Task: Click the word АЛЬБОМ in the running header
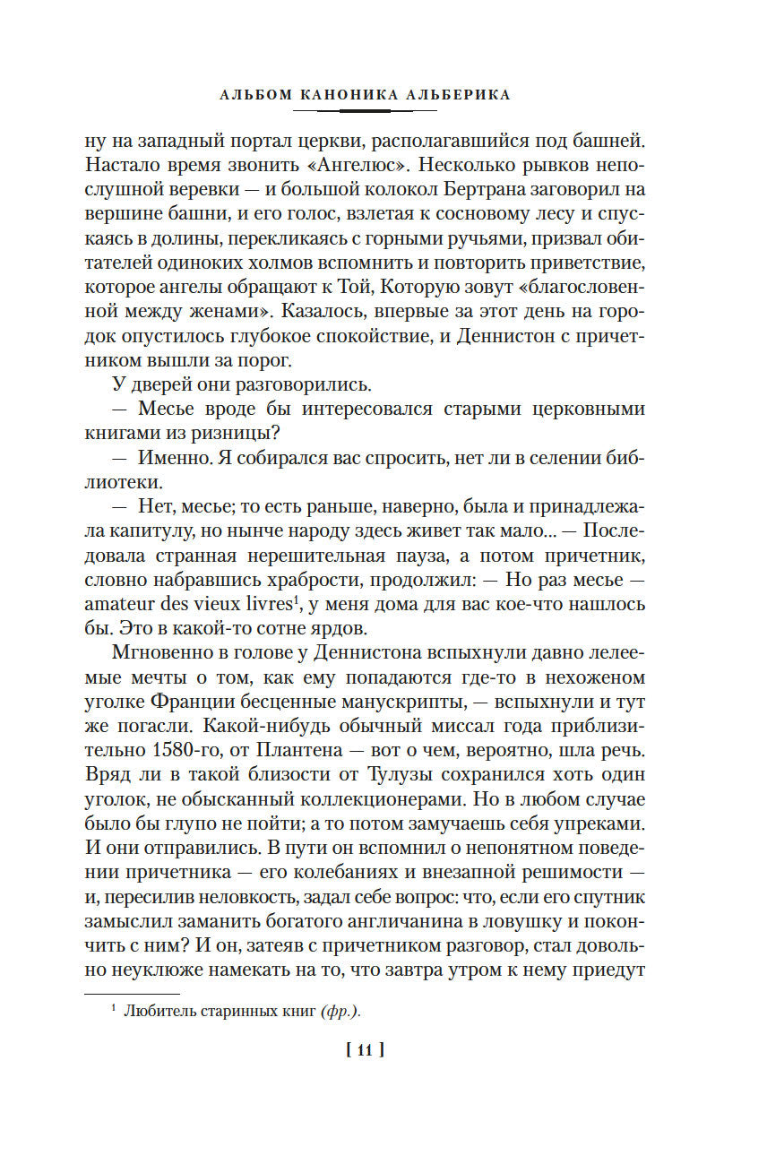(x=254, y=94)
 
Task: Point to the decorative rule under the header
(x=365, y=110)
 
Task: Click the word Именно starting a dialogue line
(x=180, y=457)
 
